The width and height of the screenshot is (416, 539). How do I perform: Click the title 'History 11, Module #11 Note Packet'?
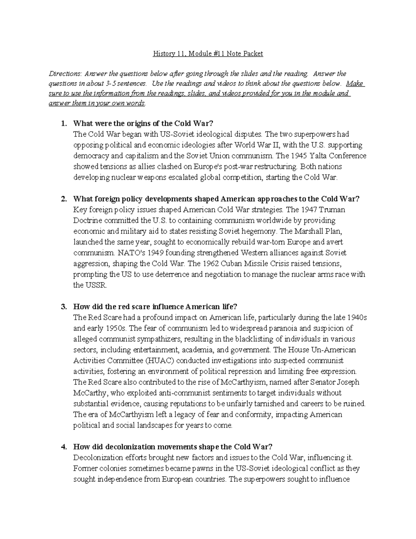[208, 54]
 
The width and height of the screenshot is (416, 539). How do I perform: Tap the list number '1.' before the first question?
[63, 123]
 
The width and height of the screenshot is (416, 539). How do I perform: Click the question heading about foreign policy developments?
[216, 199]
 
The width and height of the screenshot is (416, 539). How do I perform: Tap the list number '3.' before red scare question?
[63, 307]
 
